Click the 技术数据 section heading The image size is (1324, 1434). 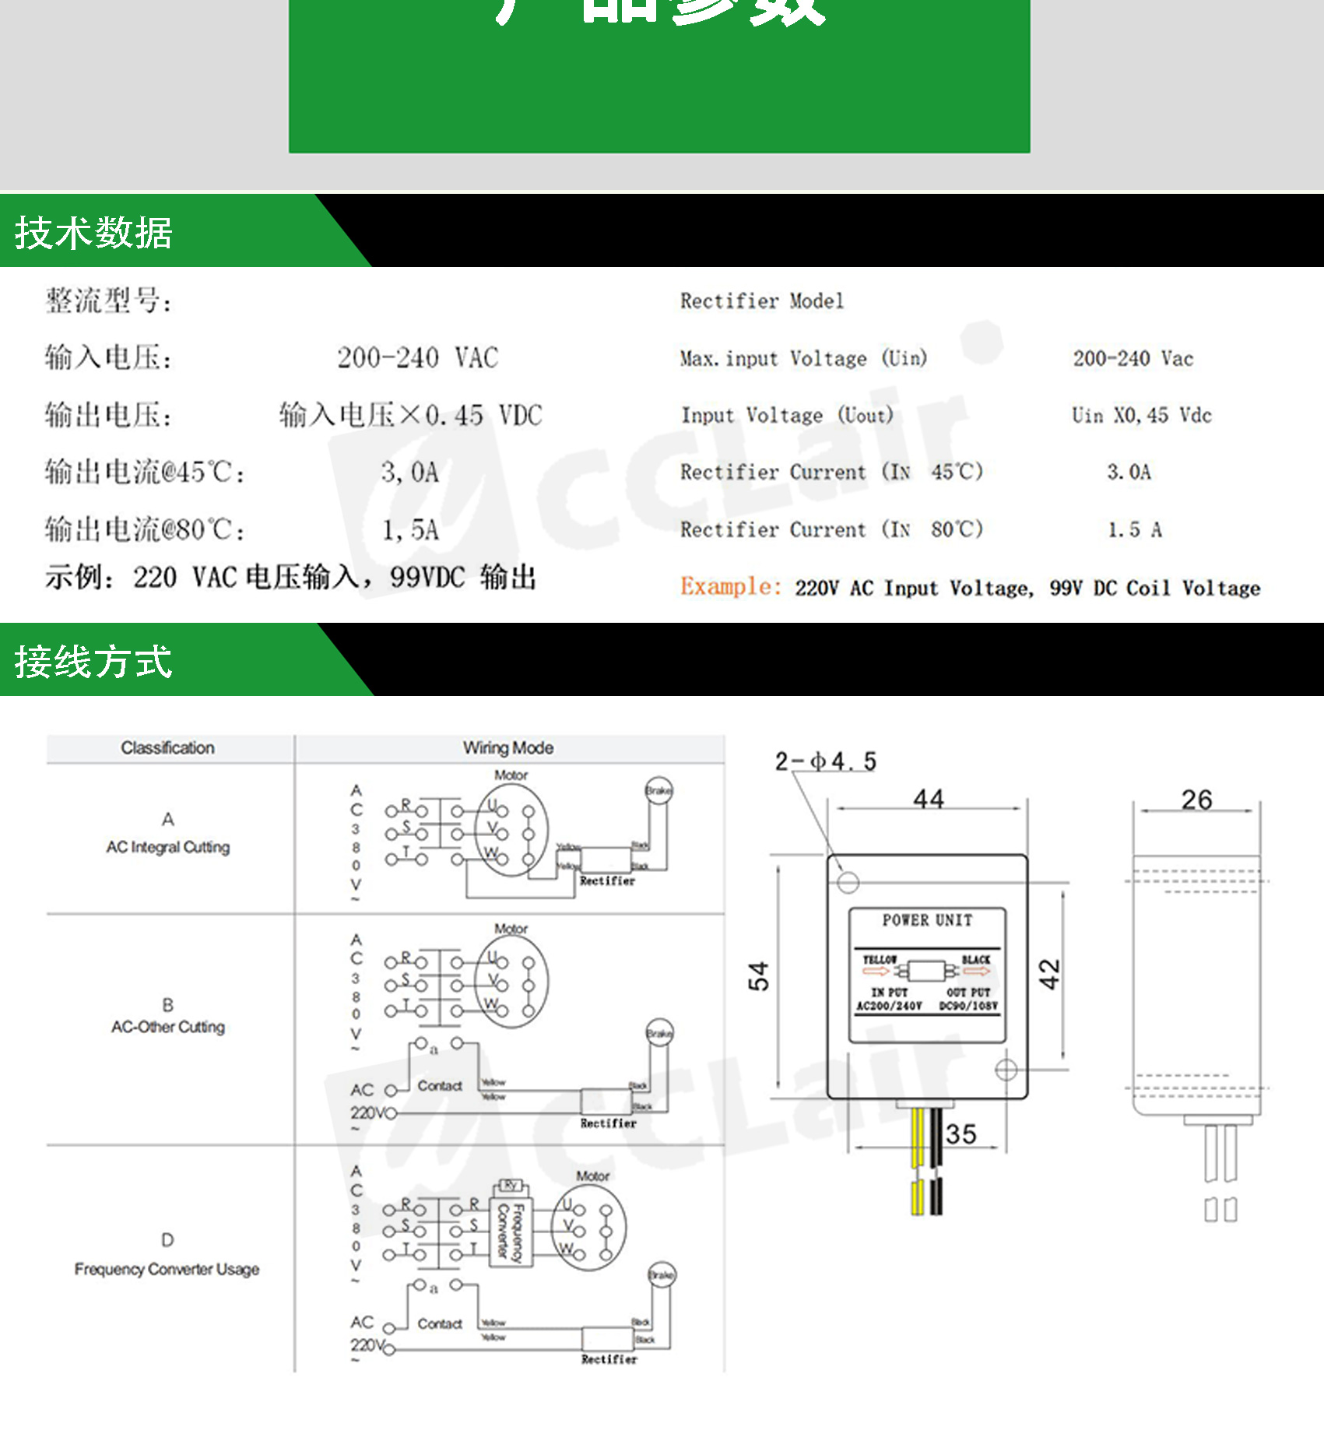pos(93,233)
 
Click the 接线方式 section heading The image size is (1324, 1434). pos(93,662)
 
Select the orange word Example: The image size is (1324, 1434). pos(730,586)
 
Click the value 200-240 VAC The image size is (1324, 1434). pos(417,358)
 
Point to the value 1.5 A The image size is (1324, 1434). pos(1134,530)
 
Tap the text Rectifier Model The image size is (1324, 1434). pos(761,301)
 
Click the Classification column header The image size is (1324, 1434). pos(167,748)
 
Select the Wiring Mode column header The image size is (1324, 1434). pos(508,748)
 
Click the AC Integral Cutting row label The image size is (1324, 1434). pos(168,847)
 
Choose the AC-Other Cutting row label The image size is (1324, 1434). pos(168,1027)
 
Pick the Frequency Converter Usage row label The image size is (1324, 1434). pos(167,1269)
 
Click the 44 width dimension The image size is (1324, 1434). pos(928,799)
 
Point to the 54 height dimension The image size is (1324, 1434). pos(758,975)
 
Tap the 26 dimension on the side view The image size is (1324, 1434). pos(1196,800)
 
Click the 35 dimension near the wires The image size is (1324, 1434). pos(961,1134)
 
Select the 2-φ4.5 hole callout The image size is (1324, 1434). pos(825,761)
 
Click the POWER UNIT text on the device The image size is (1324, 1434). pos(927,921)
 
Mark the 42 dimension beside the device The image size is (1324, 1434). pos(1049,974)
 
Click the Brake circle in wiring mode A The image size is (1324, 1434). pos(658,791)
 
